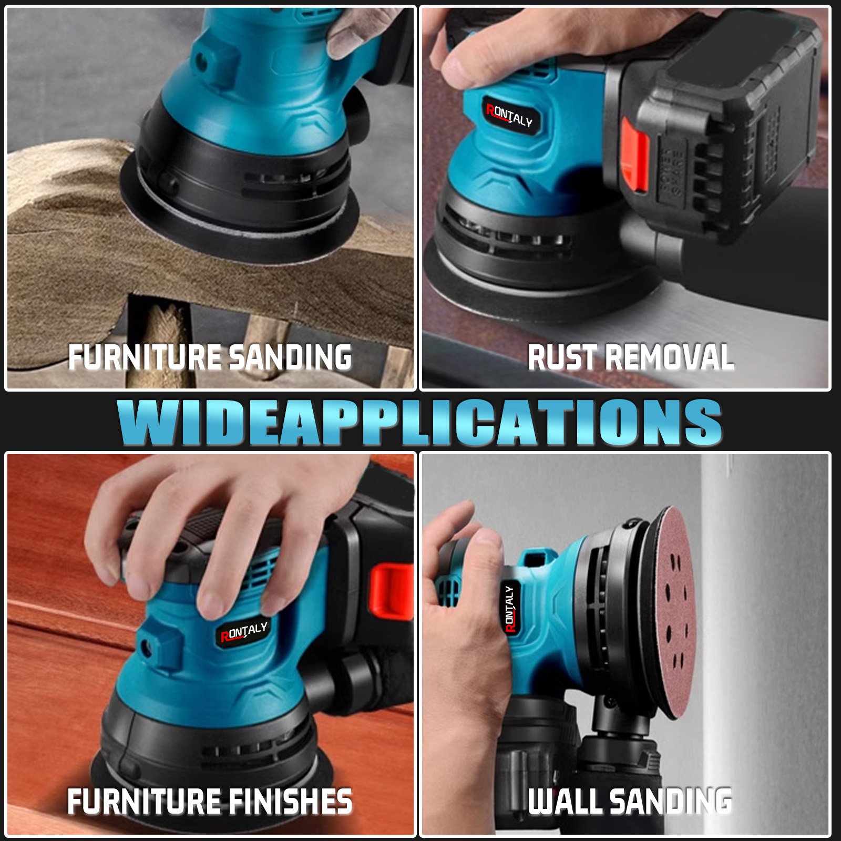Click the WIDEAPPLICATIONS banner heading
tap(419, 422)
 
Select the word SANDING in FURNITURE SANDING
tap(290, 357)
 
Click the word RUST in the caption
tap(562, 357)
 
